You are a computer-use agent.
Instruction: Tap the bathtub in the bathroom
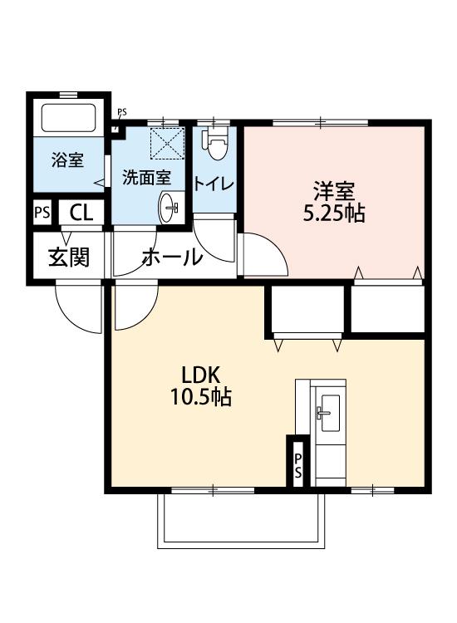point(69,120)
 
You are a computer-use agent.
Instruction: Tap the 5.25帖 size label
point(333,213)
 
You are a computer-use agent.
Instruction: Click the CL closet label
point(81,213)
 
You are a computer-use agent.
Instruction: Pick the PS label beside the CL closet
point(42,213)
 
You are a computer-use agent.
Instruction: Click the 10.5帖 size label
point(200,397)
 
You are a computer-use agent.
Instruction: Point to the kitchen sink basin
point(328,410)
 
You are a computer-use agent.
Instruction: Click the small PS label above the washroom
point(122,113)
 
